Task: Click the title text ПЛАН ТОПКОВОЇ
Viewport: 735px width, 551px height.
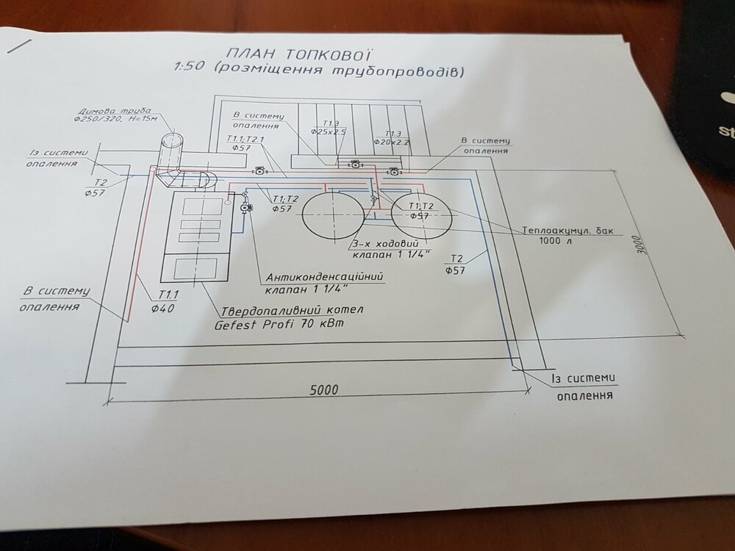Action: (x=296, y=54)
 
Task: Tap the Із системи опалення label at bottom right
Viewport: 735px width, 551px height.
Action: (x=582, y=386)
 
